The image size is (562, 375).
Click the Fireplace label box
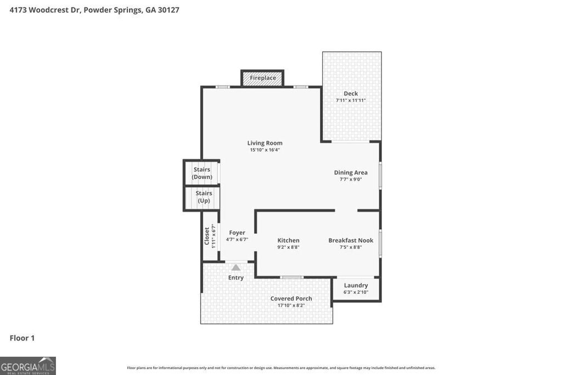pos(263,78)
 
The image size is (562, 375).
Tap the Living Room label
pos(265,143)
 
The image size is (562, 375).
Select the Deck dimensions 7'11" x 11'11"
pos(351,100)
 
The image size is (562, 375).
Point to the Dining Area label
pos(351,172)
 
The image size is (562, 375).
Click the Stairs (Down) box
pos(202,173)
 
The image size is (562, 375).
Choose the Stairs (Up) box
pos(203,197)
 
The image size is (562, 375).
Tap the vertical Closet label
pos(207,236)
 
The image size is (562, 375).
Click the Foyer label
pos(237,233)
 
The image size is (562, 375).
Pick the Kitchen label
pos(288,240)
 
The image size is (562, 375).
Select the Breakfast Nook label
pos(351,240)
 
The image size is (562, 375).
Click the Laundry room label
pos(356,286)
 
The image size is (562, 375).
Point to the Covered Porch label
pos(291,299)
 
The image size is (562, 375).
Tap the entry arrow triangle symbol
pos(236,267)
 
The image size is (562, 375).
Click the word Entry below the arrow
pos(236,278)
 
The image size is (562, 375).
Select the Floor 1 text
pos(22,338)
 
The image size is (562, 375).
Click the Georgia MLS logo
pos(28,366)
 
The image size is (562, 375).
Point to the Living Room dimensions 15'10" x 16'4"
pos(265,150)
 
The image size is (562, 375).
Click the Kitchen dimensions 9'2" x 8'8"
pos(288,247)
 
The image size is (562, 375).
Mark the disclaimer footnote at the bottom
pos(281,368)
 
